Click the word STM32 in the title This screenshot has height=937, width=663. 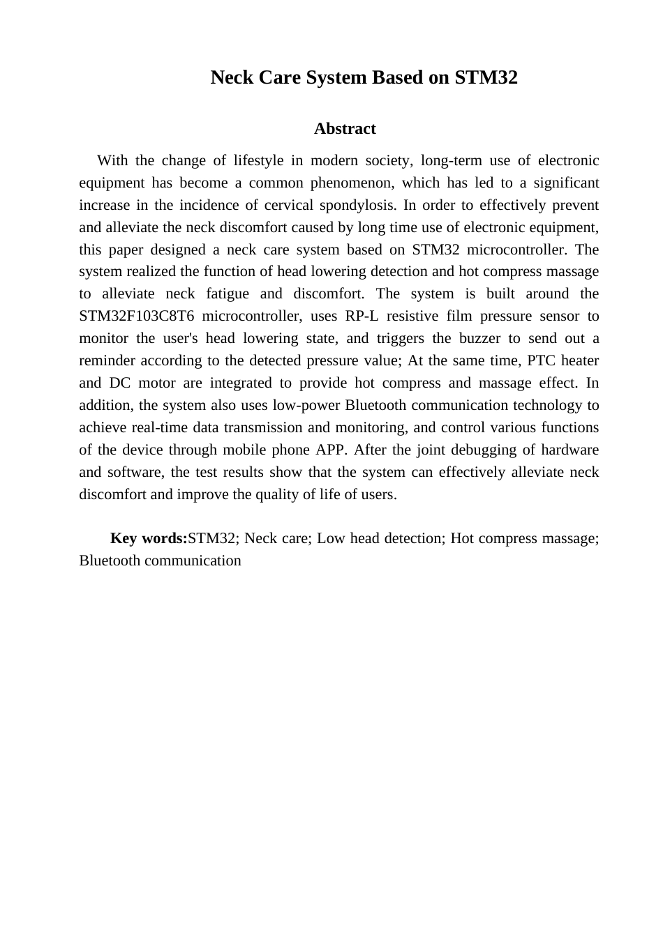pyautogui.click(x=486, y=77)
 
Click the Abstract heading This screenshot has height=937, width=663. pyautogui.click(x=345, y=129)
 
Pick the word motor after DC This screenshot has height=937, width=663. pyautogui.click(x=157, y=383)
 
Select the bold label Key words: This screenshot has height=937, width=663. pyautogui.click(x=149, y=539)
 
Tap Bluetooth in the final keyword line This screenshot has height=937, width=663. pyautogui.click(x=110, y=561)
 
